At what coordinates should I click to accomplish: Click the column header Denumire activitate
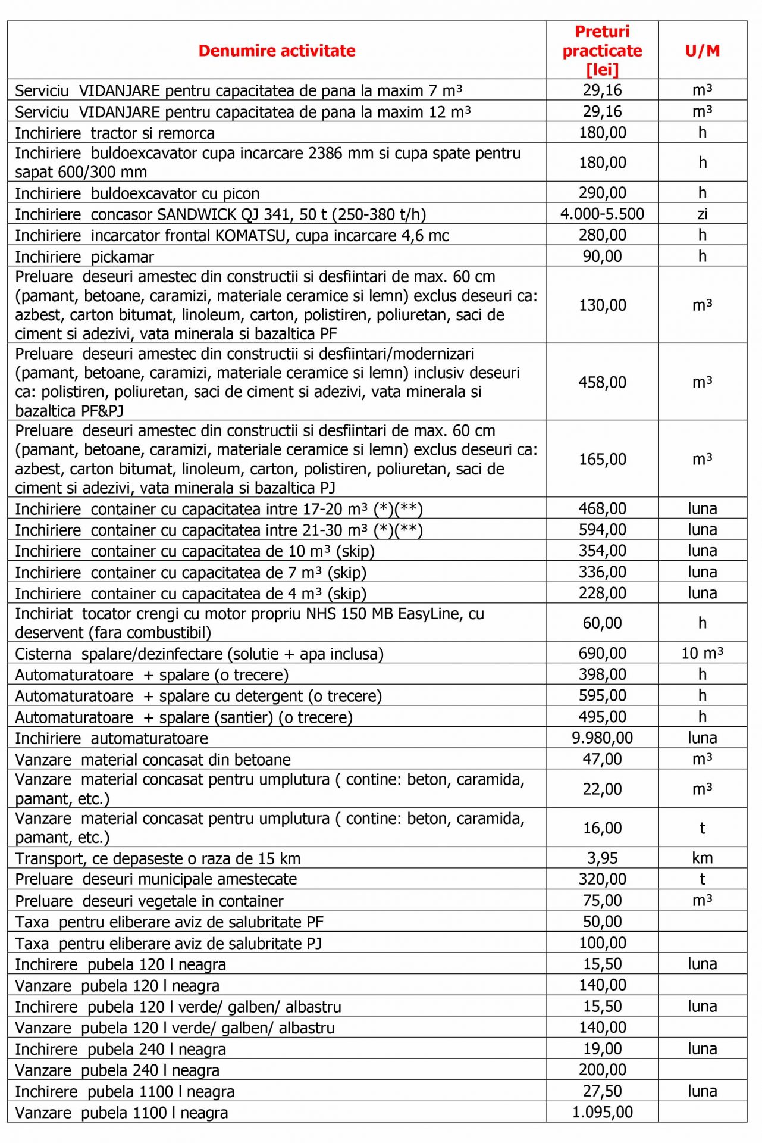(x=277, y=51)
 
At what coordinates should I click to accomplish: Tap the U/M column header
(x=703, y=51)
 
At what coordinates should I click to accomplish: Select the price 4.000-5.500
(x=602, y=214)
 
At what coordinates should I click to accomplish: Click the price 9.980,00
(x=602, y=738)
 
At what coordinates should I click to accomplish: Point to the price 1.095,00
(x=602, y=1112)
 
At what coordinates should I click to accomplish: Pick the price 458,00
(x=602, y=382)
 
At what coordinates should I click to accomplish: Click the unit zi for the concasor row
(x=703, y=214)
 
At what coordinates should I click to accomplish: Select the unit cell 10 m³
(x=703, y=653)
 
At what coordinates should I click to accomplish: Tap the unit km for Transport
(x=703, y=858)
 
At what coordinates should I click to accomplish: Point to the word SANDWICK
(x=196, y=214)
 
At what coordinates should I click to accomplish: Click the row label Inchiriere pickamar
(x=84, y=257)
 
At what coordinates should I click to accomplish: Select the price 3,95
(x=602, y=858)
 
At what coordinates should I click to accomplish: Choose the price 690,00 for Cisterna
(x=602, y=653)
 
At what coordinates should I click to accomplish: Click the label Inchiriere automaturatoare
(x=112, y=739)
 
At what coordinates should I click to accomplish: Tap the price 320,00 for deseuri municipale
(x=602, y=879)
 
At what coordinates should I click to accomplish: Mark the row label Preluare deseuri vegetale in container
(x=149, y=901)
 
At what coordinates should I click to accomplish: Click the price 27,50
(x=602, y=1091)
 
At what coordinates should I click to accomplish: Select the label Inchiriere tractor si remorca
(x=115, y=133)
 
